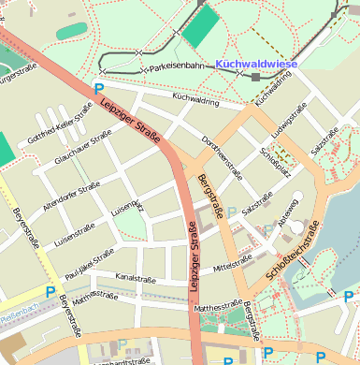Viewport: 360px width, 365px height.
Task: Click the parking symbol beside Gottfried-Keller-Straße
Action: click(x=99, y=90)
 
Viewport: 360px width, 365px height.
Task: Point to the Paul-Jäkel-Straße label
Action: click(x=92, y=261)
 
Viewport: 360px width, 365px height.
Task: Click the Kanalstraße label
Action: click(x=134, y=278)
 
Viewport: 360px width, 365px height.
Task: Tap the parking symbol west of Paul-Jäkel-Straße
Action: click(x=50, y=291)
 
